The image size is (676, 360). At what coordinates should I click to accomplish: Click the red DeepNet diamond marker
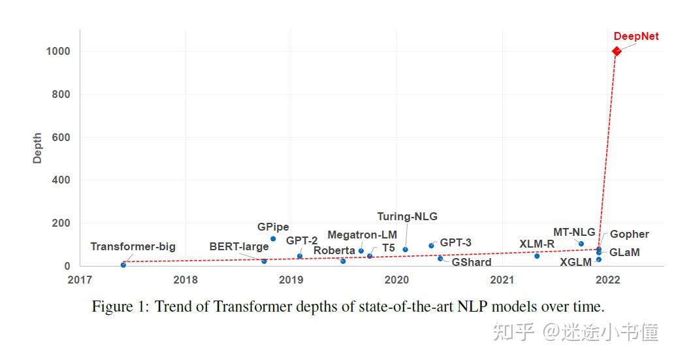pyautogui.click(x=616, y=51)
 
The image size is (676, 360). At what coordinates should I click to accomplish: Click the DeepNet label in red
pyautogui.click(x=636, y=37)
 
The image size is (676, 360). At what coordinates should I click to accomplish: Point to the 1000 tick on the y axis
pyautogui.click(x=58, y=52)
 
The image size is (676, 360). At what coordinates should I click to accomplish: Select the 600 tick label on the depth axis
pyautogui.click(x=61, y=138)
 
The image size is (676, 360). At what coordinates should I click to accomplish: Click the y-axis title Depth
pyautogui.click(x=38, y=148)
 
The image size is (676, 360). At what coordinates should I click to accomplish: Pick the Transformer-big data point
pyautogui.click(x=123, y=265)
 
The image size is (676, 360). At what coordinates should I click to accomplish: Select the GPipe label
pyautogui.click(x=273, y=227)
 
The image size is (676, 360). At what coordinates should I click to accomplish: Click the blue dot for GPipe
pyautogui.click(x=273, y=239)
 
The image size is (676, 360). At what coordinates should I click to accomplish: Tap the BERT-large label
pyautogui.click(x=238, y=247)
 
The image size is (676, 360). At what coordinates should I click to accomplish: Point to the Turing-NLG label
pyautogui.click(x=407, y=216)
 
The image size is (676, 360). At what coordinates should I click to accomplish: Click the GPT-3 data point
pyautogui.click(x=431, y=246)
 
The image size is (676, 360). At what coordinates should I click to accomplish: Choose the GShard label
pyautogui.click(x=471, y=262)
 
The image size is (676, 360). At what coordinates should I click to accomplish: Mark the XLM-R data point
pyautogui.click(x=537, y=256)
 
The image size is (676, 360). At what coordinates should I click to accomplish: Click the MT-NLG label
pyautogui.click(x=574, y=232)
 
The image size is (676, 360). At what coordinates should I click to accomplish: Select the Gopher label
pyautogui.click(x=629, y=234)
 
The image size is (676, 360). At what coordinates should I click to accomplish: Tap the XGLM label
pyautogui.click(x=575, y=263)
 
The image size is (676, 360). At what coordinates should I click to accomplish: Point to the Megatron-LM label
pyautogui.click(x=362, y=235)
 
